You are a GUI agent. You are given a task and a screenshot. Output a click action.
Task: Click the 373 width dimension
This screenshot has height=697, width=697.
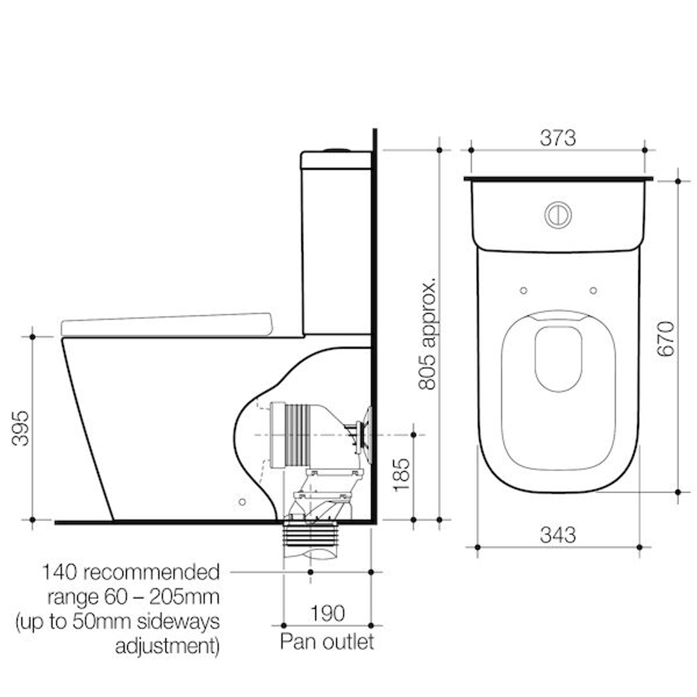tap(558, 137)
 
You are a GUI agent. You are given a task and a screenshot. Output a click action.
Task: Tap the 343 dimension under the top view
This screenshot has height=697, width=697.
tap(558, 534)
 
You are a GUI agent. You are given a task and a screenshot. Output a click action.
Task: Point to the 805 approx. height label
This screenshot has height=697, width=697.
tap(428, 334)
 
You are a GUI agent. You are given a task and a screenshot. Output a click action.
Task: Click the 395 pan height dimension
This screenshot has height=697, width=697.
tap(21, 427)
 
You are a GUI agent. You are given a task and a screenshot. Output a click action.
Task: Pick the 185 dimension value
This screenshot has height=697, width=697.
tap(402, 474)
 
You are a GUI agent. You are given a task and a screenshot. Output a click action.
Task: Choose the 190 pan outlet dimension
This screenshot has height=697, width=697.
tap(327, 613)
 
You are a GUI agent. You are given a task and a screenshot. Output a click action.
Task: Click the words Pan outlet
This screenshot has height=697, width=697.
tap(327, 642)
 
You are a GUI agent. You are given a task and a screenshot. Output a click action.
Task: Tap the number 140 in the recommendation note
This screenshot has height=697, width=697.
tap(60, 572)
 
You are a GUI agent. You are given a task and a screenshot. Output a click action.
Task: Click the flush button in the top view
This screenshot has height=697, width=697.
tap(558, 215)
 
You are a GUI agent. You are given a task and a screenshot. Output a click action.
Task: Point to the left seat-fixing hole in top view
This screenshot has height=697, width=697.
tap(523, 290)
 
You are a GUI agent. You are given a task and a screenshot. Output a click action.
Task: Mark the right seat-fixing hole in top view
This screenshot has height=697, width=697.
tap(593, 290)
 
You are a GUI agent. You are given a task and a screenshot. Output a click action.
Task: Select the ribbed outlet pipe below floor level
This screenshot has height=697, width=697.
tap(310, 535)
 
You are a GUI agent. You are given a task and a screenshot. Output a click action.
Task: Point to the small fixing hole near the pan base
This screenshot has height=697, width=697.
tap(242, 501)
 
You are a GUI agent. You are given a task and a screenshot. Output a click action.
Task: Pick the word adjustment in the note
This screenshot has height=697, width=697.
tap(167, 646)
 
